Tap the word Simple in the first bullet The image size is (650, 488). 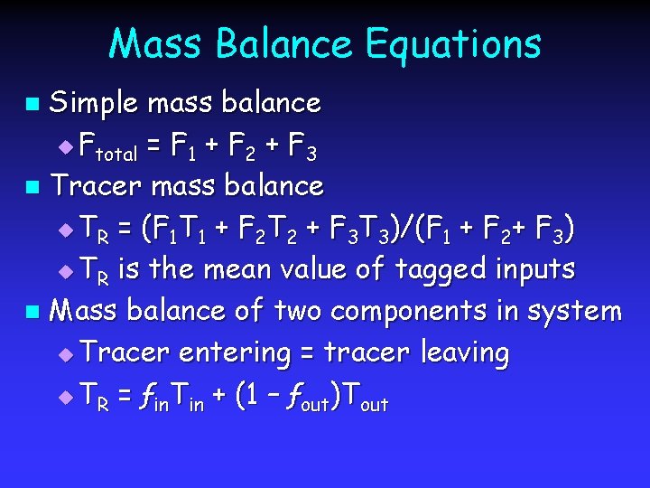(x=93, y=104)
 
